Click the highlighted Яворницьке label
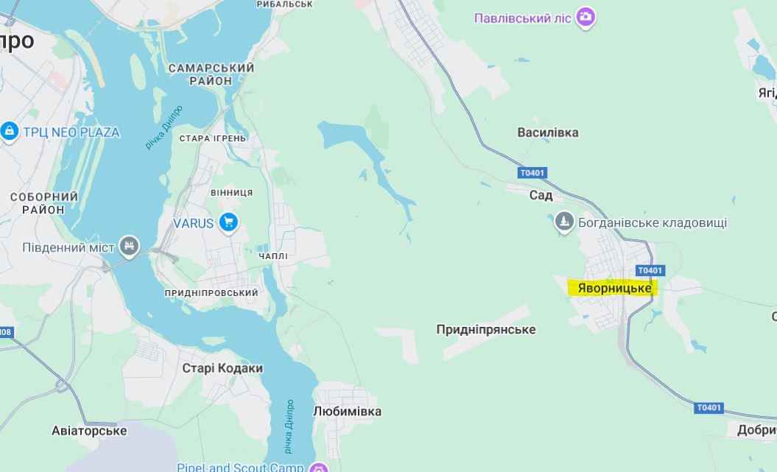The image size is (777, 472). click(x=613, y=288)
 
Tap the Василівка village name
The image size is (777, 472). click(x=547, y=133)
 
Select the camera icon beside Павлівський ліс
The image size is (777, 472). click(x=586, y=17)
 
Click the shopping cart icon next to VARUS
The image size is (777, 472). click(x=228, y=222)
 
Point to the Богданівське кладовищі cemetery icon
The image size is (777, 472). click(x=564, y=222)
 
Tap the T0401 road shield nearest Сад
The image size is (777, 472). click(x=532, y=173)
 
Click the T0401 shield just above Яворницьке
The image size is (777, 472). click(x=650, y=270)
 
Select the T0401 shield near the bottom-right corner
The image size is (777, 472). click(x=709, y=407)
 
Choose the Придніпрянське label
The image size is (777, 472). click(x=486, y=329)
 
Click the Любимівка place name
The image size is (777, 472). click(x=348, y=411)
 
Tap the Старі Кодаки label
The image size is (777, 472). click(x=222, y=368)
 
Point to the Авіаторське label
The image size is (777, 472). click(x=89, y=431)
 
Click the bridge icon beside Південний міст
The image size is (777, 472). click(x=129, y=246)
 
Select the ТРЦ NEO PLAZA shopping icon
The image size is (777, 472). click(x=10, y=132)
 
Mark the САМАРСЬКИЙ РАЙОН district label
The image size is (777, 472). click(x=211, y=74)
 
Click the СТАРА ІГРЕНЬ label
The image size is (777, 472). click(x=213, y=138)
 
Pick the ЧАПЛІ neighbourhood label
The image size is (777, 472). click(x=273, y=256)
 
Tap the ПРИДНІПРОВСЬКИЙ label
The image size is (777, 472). click(x=211, y=293)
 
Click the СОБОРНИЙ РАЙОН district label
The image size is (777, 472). click(x=44, y=203)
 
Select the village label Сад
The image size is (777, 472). click(x=541, y=195)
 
